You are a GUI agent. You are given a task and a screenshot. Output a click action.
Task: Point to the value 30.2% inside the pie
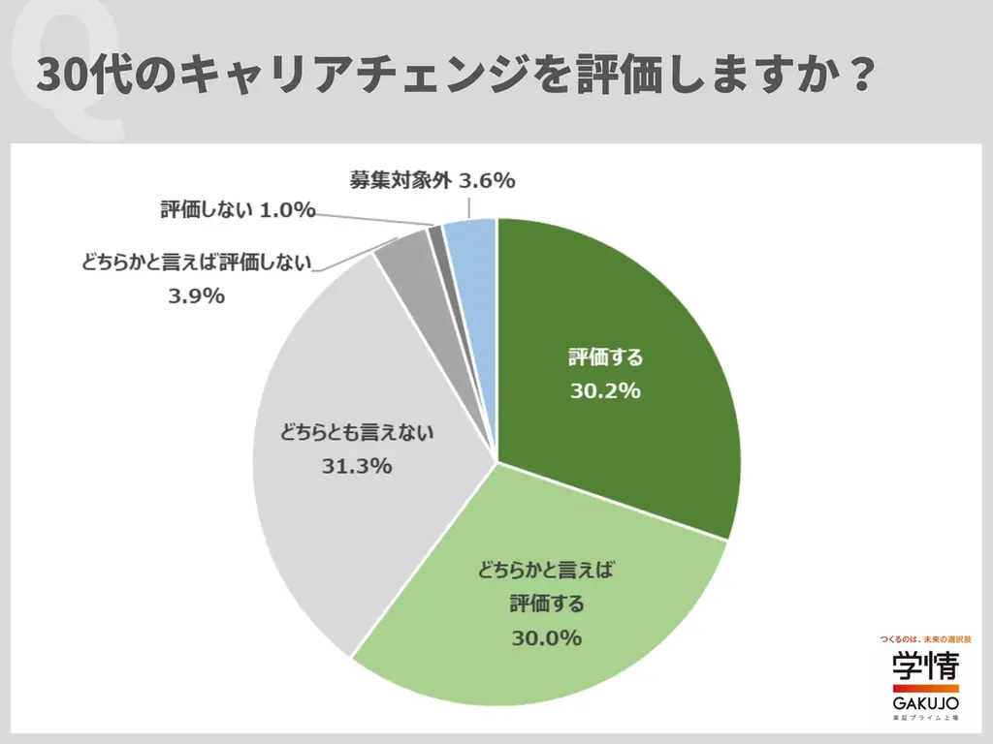pyautogui.click(x=605, y=391)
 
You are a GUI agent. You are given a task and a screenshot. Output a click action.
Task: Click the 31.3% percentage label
pyautogui.click(x=356, y=466)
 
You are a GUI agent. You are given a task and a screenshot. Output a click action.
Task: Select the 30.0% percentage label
pyautogui.click(x=546, y=638)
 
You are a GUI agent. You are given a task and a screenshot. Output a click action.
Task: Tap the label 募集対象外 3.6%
pyautogui.click(x=432, y=180)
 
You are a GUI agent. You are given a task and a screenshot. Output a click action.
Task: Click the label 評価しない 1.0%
pyautogui.click(x=238, y=209)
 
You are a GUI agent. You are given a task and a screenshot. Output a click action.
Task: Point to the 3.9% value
pyautogui.click(x=196, y=296)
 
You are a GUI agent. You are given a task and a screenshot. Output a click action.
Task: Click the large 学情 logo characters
pyautogui.click(x=925, y=666)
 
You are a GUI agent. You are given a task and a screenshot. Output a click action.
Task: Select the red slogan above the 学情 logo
pyautogui.click(x=925, y=640)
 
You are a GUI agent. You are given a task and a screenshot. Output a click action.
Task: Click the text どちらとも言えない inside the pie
pyautogui.click(x=356, y=433)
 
